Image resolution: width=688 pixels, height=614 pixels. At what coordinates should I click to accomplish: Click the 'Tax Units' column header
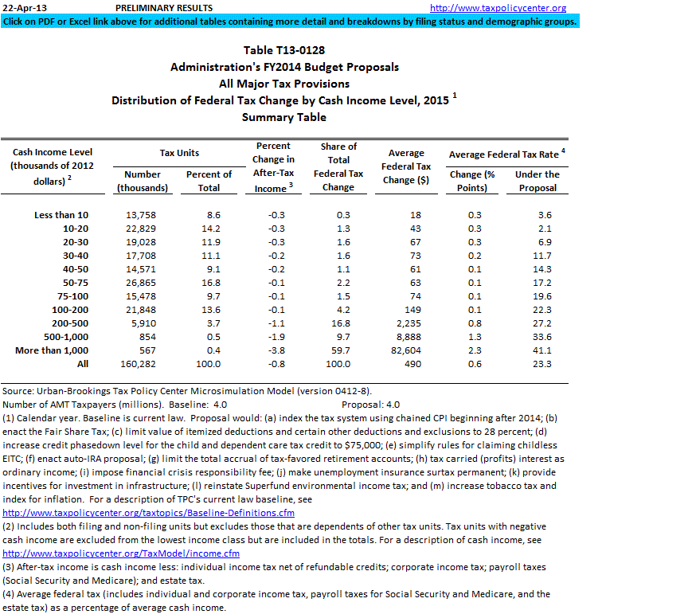tap(179, 152)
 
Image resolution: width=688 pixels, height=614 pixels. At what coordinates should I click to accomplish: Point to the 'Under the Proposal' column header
tap(537, 181)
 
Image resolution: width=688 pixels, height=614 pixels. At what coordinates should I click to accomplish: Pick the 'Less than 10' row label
tap(62, 215)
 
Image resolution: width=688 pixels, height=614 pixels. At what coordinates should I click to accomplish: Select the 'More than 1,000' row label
tap(53, 350)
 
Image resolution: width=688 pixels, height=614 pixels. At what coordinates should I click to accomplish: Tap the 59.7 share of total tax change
tap(340, 350)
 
